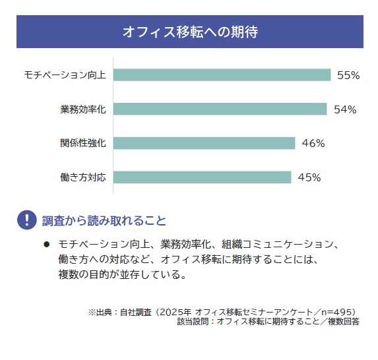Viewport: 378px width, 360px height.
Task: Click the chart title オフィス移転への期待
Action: click(x=190, y=32)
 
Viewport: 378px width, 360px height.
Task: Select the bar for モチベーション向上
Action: click(x=222, y=75)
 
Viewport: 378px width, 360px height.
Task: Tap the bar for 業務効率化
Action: click(x=220, y=109)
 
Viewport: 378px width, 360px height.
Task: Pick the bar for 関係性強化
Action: click(x=205, y=143)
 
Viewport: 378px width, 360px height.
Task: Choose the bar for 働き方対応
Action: click(x=203, y=177)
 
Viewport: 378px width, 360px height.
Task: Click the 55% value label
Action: click(x=348, y=75)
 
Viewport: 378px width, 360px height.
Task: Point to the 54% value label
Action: click(x=345, y=109)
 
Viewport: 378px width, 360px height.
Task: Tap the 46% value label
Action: click(x=313, y=143)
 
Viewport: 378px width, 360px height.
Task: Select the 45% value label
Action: click(x=309, y=177)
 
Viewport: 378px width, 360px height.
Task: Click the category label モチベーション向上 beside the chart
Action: click(x=65, y=75)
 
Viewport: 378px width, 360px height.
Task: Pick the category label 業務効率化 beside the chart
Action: click(x=83, y=109)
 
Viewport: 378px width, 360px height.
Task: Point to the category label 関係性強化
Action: click(x=83, y=143)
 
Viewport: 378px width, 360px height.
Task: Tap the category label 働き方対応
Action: click(x=83, y=177)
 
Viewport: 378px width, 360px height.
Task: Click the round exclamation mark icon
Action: click(x=27, y=220)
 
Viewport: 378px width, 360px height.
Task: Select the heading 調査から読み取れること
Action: click(x=104, y=220)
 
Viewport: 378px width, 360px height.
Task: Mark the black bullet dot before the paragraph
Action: click(x=47, y=245)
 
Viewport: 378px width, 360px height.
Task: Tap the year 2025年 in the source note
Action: click(x=175, y=313)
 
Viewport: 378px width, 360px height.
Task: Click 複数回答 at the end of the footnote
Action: click(x=344, y=322)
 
